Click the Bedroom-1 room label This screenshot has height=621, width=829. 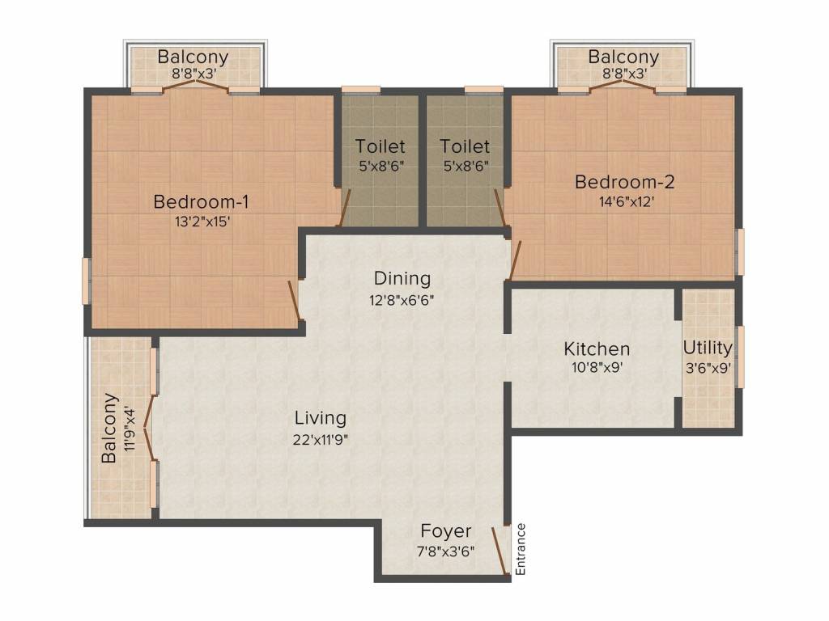[201, 201]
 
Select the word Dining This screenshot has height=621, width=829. [402, 278]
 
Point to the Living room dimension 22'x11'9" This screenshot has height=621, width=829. [321, 439]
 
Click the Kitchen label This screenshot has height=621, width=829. [597, 349]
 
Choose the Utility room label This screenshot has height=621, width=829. [708, 348]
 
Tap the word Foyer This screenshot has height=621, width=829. [446, 531]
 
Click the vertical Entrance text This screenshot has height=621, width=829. [521, 549]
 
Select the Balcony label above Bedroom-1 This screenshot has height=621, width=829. [193, 57]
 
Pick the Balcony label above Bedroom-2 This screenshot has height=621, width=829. [624, 57]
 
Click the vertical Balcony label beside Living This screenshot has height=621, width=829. [109, 428]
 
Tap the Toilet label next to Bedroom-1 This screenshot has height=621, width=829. [380, 146]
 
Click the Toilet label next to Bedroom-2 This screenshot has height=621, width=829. [465, 146]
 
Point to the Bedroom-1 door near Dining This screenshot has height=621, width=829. [295, 301]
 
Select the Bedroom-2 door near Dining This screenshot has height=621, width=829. [516, 260]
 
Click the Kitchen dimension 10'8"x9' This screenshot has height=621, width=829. [597, 367]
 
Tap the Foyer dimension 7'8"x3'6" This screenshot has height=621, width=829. [446, 551]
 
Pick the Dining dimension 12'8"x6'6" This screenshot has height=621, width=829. [402, 301]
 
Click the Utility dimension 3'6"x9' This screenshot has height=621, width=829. [708, 368]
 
